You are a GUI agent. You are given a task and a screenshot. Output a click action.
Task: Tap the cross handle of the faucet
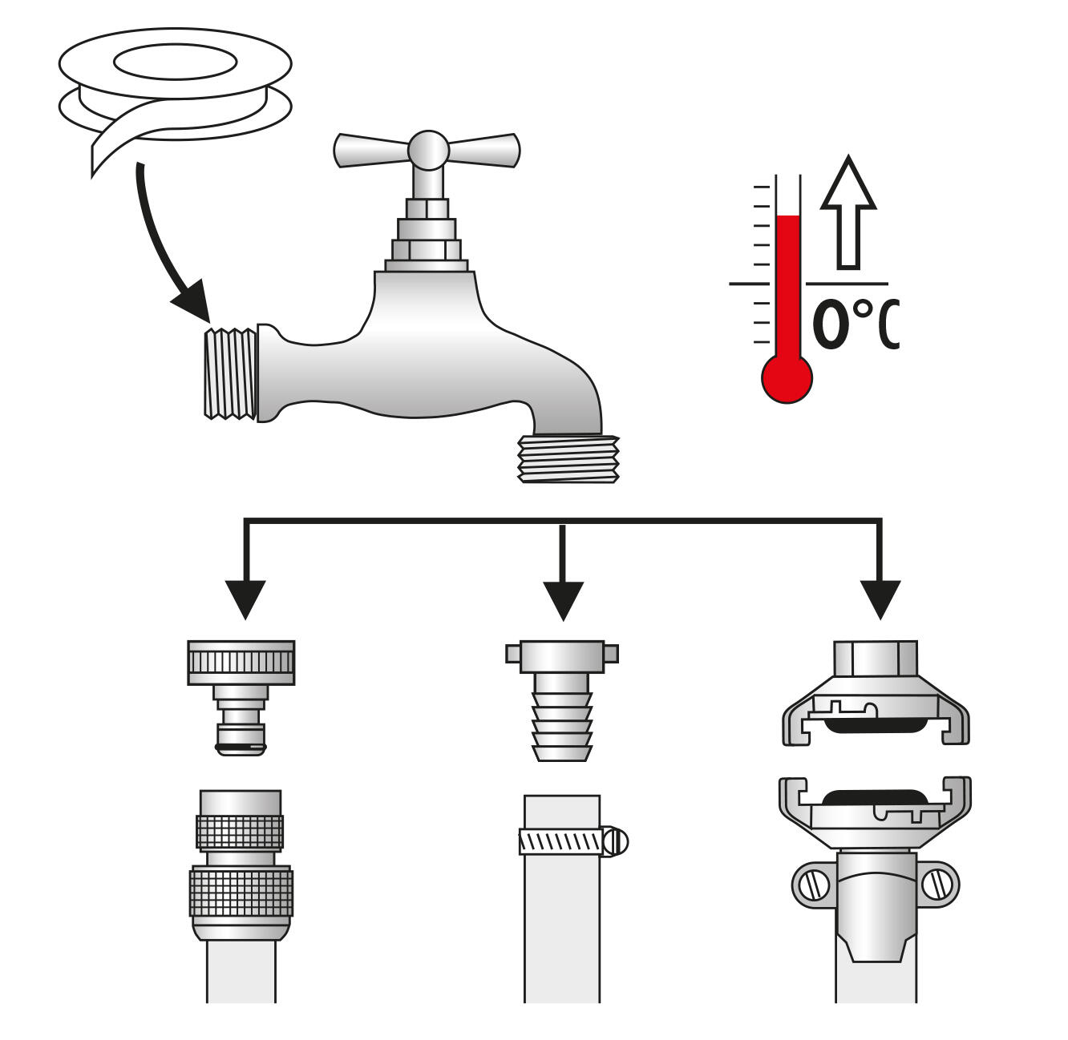pos(427,150)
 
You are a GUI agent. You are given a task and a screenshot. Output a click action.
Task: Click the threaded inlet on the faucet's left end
pos(230,374)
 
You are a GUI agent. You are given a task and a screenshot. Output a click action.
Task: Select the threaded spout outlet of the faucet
pos(568,458)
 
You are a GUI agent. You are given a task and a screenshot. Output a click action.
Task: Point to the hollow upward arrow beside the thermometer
pos(848,213)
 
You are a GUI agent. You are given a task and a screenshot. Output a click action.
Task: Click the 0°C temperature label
pos(855,324)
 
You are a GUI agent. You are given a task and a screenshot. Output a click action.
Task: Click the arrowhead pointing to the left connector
pos(245,599)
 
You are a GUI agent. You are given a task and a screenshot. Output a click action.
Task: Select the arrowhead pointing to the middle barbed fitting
pos(563,601)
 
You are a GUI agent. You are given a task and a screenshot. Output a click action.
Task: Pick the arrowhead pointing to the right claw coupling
pos(880,599)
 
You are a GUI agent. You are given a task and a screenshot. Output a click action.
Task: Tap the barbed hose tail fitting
pos(562,700)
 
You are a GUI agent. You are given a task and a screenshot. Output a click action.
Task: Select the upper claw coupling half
pos(876,693)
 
